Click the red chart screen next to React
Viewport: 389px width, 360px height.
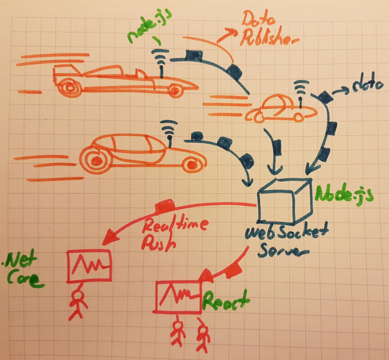(178, 296)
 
